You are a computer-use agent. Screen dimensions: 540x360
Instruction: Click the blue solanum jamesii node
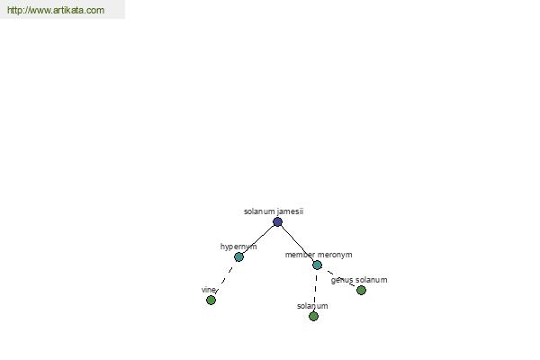[x=277, y=222]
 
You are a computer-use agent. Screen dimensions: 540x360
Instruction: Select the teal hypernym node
[x=238, y=257]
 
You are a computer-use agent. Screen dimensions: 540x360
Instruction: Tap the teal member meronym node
[x=317, y=265]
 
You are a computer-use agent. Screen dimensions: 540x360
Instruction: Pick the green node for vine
[x=211, y=300]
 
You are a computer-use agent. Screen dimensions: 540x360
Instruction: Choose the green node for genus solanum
[x=361, y=291]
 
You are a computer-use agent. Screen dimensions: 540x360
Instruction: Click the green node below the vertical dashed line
[x=313, y=316]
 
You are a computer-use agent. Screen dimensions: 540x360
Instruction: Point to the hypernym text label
[x=238, y=247]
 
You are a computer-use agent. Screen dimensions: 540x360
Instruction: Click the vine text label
[x=209, y=290]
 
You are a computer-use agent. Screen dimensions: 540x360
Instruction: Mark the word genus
[x=342, y=280]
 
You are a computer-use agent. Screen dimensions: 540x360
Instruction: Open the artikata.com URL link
[x=56, y=10]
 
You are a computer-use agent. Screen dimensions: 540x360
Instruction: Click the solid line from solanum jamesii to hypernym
[x=258, y=239]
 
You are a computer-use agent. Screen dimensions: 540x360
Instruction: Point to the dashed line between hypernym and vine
[x=224, y=280]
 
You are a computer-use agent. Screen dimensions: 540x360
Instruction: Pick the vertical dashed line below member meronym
[x=316, y=290]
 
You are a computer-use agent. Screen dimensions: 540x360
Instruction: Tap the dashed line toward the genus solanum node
[x=341, y=278]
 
